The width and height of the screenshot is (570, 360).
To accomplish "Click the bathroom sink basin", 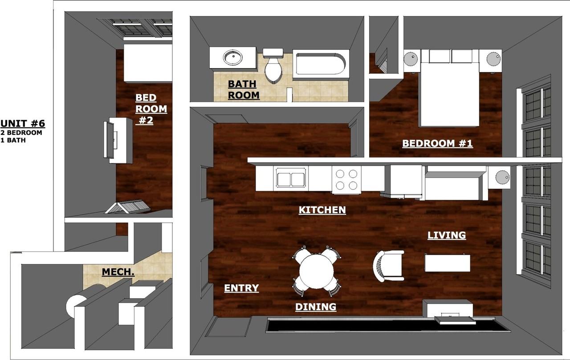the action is (x=232, y=57).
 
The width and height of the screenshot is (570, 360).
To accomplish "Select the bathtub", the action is (x=321, y=64).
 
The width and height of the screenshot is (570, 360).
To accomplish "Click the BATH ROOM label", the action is (x=244, y=89).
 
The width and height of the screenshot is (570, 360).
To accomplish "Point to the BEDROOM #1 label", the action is (x=437, y=143).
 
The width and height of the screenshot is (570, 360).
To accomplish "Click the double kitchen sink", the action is (x=291, y=179).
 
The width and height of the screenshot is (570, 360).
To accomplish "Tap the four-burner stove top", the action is (x=346, y=180).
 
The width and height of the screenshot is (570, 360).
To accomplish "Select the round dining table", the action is (x=316, y=271).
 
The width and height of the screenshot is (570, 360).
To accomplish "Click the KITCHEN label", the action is (x=322, y=210).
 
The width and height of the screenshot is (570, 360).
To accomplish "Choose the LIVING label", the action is (x=447, y=235).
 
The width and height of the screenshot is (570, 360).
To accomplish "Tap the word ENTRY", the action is (x=241, y=288).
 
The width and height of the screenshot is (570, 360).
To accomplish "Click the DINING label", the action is (x=316, y=307).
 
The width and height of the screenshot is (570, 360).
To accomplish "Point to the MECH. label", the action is (x=118, y=272).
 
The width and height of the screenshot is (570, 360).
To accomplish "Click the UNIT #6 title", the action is (x=23, y=124).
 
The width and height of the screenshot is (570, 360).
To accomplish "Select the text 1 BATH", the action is (x=13, y=140).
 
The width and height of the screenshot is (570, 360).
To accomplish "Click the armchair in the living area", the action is (x=389, y=266).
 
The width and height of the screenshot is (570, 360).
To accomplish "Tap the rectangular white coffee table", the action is (x=448, y=263).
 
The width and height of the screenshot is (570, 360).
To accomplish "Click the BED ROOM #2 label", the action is (x=151, y=109).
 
